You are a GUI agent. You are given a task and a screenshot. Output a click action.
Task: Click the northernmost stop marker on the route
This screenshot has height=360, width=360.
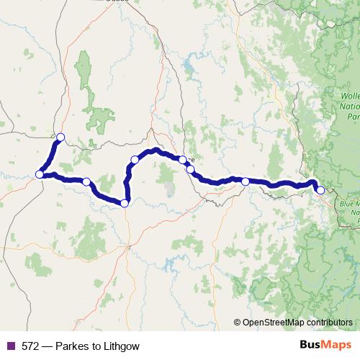(60, 137)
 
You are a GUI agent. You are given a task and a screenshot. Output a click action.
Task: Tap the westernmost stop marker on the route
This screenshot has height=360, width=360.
(39, 174)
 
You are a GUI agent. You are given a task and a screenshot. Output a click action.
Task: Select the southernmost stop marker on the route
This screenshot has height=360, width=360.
(125, 203)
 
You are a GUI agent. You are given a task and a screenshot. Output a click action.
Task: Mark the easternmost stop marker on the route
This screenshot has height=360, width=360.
(320, 190)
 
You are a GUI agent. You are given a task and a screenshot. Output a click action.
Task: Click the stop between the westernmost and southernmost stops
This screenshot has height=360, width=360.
(86, 182)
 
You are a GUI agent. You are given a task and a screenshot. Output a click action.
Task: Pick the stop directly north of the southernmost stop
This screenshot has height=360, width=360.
(134, 160)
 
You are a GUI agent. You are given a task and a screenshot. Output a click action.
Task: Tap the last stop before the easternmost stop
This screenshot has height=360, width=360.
(246, 181)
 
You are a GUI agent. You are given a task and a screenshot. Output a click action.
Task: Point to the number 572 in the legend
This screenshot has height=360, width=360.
(30, 346)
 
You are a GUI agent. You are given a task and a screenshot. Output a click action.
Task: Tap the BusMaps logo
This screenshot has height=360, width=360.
(325, 345)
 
